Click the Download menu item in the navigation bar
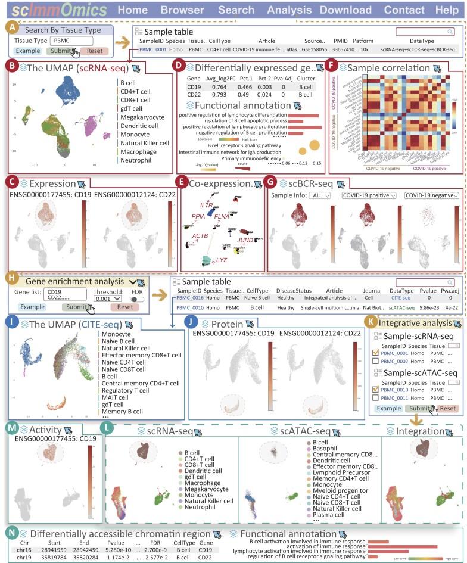345,10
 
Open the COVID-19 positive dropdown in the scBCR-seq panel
369,195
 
